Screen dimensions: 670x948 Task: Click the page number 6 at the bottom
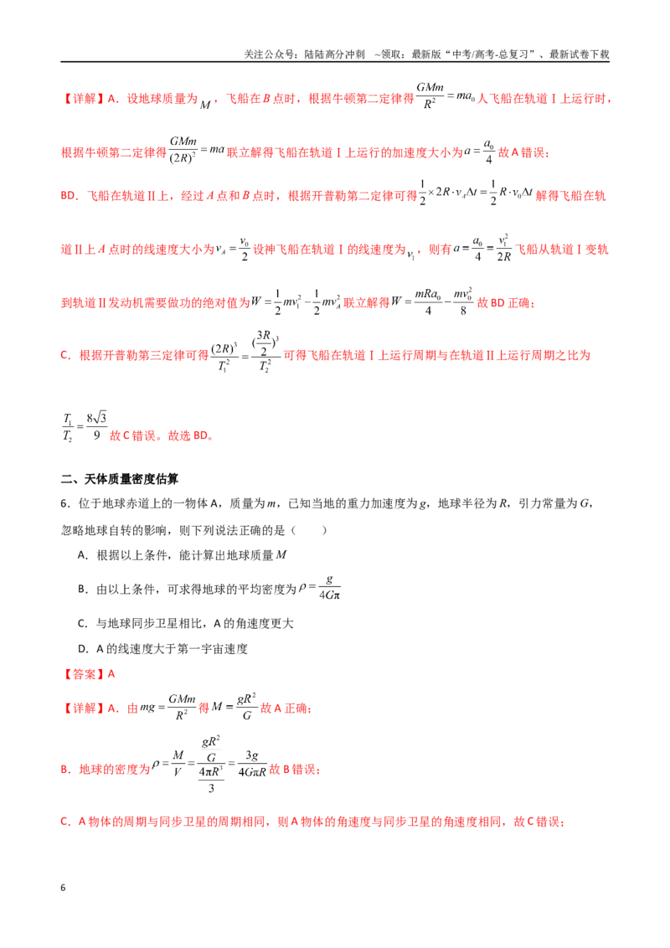(63, 888)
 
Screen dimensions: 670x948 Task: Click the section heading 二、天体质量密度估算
(120, 479)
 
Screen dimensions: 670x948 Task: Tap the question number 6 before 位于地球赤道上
(65, 503)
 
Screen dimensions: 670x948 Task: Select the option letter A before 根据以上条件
(83, 555)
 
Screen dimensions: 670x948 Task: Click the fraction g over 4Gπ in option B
(329, 587)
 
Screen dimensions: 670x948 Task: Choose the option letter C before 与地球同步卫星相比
(83, 623)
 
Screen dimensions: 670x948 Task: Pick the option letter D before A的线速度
(83, 649)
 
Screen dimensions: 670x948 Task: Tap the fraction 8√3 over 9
(97, 426)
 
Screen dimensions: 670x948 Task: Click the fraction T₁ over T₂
(67, 427)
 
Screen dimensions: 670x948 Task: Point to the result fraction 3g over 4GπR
(252, 764)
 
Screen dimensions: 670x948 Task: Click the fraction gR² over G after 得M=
(246, 707)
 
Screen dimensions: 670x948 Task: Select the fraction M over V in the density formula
(178, 763)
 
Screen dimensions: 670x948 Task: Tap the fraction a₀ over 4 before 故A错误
(488, 152)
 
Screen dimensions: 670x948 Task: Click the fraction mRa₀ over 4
(428, 301)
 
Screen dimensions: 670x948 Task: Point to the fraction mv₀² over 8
(462, 301)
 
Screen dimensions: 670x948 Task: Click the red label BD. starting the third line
(70, 196)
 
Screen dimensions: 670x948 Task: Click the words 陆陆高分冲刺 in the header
(334, 54)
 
